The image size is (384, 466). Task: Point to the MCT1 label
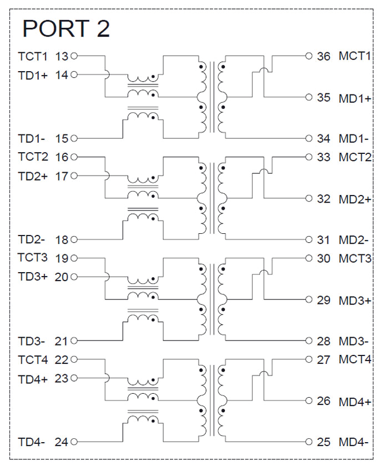354,56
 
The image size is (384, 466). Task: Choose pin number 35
323,98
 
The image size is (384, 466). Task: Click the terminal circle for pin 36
309,56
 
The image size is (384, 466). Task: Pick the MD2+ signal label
355,199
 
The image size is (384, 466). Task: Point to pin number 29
323,300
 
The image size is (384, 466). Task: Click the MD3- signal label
353,340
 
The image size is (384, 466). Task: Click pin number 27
323,359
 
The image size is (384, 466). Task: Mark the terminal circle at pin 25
309,443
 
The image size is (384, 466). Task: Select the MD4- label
353,443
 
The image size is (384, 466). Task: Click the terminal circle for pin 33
309,157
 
